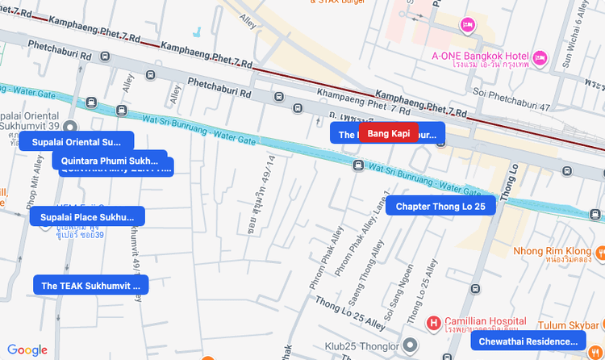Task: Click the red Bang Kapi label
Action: point(389,133)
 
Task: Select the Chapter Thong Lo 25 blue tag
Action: point(440,207)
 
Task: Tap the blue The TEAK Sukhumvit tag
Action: point(90,286)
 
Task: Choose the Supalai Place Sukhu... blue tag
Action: point(87,217)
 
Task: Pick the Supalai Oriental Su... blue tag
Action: point(76,142)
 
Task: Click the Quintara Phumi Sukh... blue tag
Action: point(110,160)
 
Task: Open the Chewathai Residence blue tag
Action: point(528,342)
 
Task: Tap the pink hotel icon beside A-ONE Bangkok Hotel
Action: point(540,58)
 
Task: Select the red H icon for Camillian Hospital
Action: point(434,324)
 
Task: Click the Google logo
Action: point(27,350)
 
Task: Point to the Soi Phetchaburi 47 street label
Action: point(511,107)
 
